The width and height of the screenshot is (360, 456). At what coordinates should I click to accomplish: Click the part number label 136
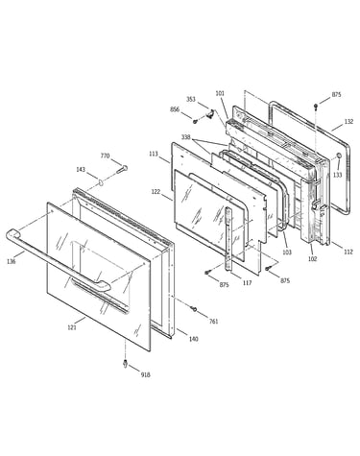[x=12, y=261]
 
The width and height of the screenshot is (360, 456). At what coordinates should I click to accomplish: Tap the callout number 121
[x=72, y=327]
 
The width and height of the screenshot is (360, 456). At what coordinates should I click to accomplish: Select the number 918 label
[x=145, y=374]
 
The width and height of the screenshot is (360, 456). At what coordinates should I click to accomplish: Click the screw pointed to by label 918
[x=126, y=364]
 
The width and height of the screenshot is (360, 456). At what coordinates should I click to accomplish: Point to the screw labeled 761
[x=194, y=309]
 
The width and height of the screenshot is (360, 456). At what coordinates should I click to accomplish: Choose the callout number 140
[x=193, y=339]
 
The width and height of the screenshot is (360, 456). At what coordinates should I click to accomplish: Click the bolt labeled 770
[x=122, y=169]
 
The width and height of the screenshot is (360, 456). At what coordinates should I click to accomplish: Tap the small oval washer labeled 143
[x=101, y=183]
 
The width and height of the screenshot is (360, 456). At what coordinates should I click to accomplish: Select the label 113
[x=154, y=154]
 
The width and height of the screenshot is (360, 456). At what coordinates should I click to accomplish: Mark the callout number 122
[x=156, y=191]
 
